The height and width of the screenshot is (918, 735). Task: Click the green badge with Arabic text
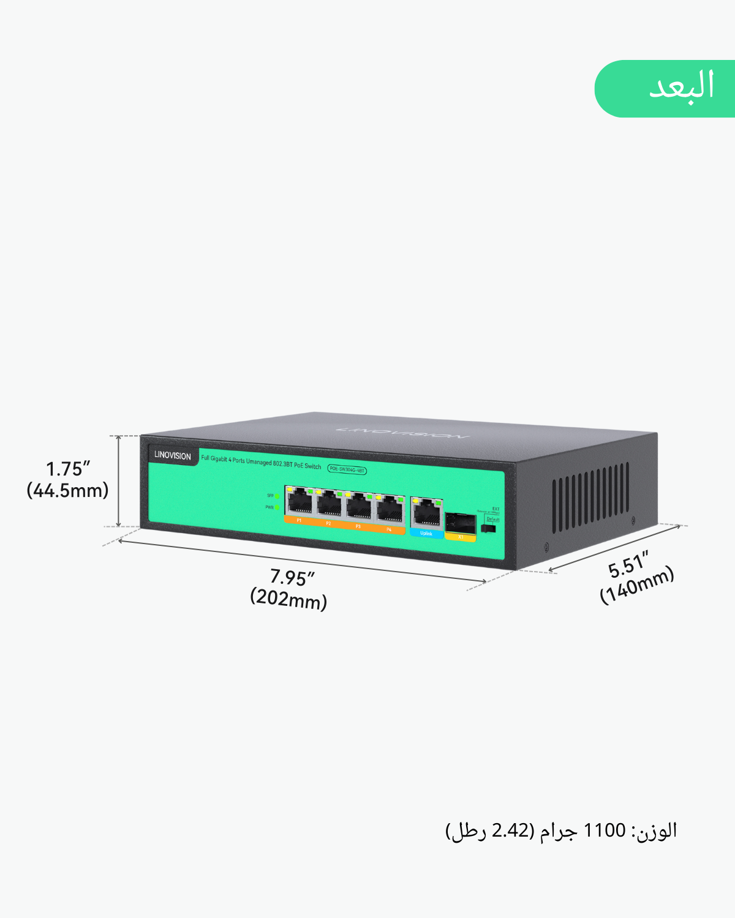[x=665, y=88]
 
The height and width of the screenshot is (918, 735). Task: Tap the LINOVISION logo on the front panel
[x=172, y=455]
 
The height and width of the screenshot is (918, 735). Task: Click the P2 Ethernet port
[x=329, y=504]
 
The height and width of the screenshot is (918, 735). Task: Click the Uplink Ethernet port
[x=427, y=513]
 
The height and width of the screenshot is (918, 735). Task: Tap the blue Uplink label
[x=426, y=534]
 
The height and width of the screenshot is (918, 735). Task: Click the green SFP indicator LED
[x=277, y=496]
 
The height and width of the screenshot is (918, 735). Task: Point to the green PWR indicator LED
[x=277, y=507]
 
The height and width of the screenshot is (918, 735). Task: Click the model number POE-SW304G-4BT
[x=347, y=469]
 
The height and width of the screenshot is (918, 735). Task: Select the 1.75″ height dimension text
[x=68, y=469]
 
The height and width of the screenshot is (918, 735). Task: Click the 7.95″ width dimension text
[x=292, y=577]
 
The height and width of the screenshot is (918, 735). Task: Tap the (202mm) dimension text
[x=288, y=599]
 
